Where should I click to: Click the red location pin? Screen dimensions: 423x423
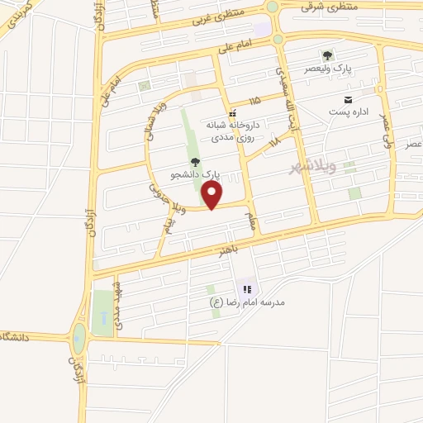tap(212, 195)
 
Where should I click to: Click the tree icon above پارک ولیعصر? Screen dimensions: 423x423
tap(328, 55)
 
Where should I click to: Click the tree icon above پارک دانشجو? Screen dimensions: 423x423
tap(195, 162)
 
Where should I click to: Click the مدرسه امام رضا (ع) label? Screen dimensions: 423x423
tap(248, 302)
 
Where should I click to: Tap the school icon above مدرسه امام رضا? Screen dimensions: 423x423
tap(246, 289)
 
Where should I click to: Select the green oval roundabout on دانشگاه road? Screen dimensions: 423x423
tap(78, 337)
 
